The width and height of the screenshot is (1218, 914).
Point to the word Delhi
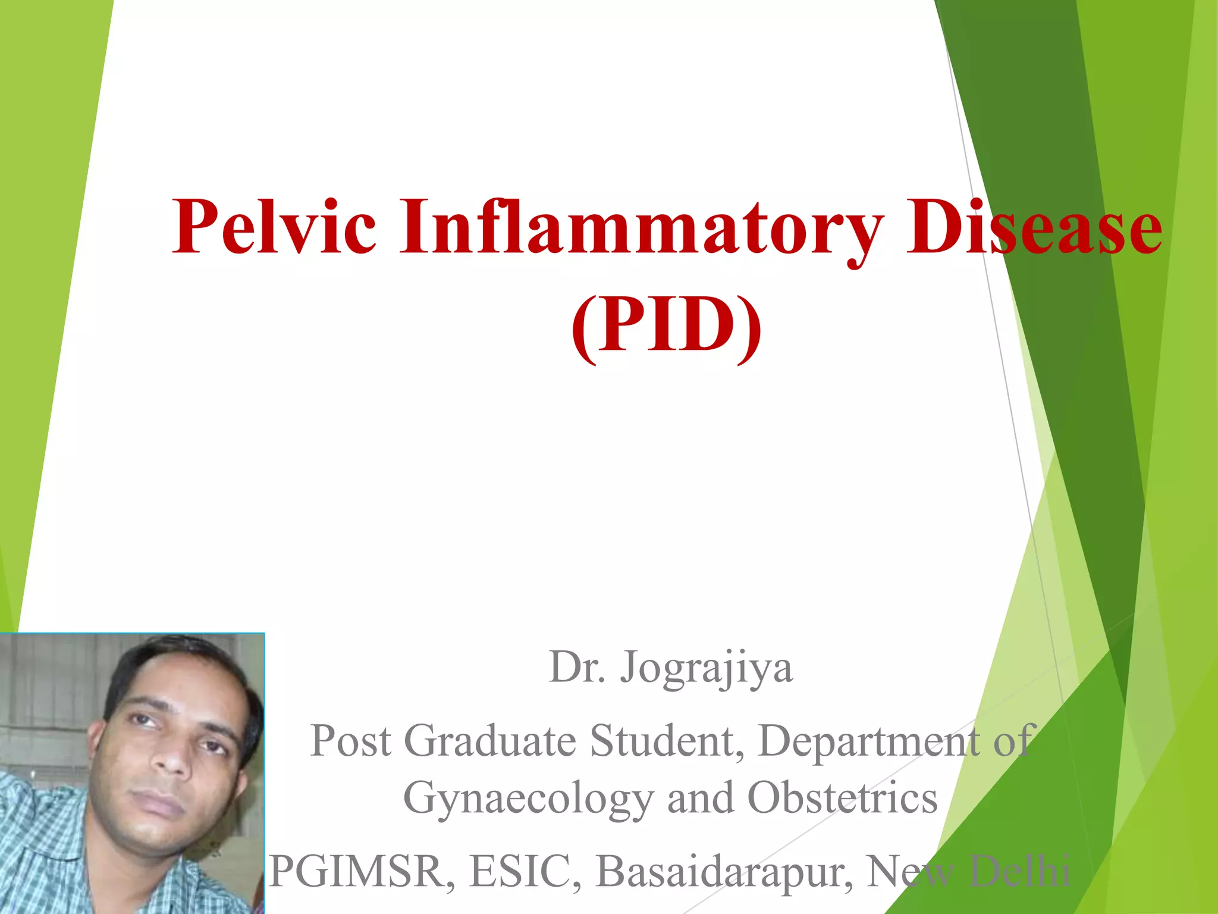pos(1019,872)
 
